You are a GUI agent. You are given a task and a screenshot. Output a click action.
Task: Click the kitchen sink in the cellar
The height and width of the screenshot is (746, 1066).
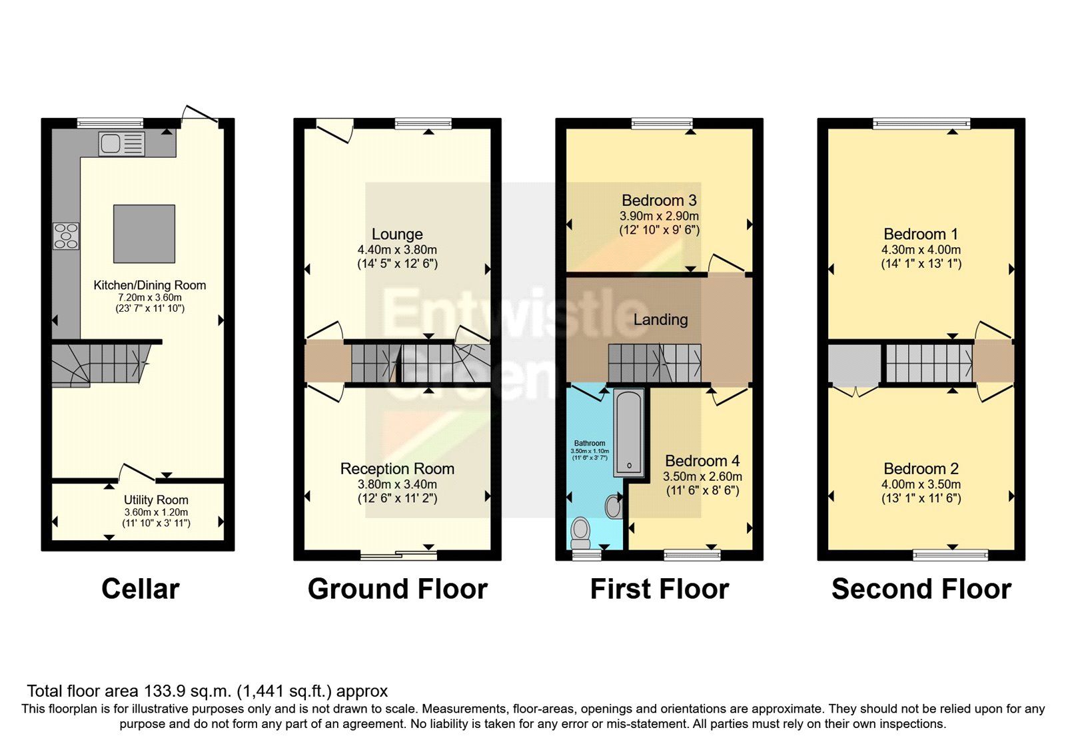121,144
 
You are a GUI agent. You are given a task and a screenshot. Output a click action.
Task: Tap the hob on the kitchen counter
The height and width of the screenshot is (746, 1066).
66,236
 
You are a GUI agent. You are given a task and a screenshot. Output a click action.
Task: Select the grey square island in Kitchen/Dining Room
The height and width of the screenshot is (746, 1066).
144,234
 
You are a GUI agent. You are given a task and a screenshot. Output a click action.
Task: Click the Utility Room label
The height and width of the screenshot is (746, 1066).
156,500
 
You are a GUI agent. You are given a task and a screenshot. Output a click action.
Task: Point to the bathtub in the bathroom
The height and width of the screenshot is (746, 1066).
628,433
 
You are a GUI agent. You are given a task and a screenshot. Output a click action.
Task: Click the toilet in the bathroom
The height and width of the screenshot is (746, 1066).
580,532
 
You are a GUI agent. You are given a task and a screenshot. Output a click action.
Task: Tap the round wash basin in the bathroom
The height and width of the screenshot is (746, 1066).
614,506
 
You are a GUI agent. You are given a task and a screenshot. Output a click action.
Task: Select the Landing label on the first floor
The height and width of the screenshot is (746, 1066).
660,320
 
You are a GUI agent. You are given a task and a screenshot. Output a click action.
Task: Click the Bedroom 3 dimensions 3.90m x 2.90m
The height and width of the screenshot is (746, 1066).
659,216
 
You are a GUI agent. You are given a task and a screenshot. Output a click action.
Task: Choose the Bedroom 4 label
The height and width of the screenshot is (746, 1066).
702,461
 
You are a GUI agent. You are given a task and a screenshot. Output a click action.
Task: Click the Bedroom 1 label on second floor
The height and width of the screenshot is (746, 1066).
921,234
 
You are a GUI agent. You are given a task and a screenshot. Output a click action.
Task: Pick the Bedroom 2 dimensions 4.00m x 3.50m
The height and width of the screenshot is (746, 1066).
921,484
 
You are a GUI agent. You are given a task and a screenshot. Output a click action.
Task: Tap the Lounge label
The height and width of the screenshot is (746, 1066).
397,234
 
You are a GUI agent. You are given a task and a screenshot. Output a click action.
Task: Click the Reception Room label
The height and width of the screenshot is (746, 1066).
397,469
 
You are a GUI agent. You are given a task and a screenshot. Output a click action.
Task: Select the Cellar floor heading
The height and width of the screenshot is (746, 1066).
140,589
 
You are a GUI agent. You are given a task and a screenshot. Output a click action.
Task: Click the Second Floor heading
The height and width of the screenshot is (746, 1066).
921,589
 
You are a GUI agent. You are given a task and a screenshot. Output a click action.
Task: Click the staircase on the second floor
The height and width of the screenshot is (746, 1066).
929,362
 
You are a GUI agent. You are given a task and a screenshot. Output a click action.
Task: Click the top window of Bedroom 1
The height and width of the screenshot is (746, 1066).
921,124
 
